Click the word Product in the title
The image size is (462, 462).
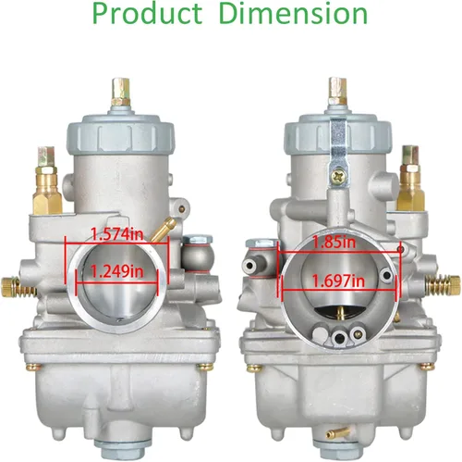coord(147,14)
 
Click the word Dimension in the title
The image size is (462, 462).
coord(294,14)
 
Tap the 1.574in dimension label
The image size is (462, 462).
coord(117,235)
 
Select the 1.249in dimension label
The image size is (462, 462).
coord(117,272)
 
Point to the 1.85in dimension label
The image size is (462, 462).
coord(334,243)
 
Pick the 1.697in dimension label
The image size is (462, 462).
coord(338,281)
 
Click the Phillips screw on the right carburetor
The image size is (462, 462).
coord(338,177)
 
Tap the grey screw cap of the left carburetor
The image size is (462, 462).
coord(120,133)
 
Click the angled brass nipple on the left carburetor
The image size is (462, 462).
coord(163,229)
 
